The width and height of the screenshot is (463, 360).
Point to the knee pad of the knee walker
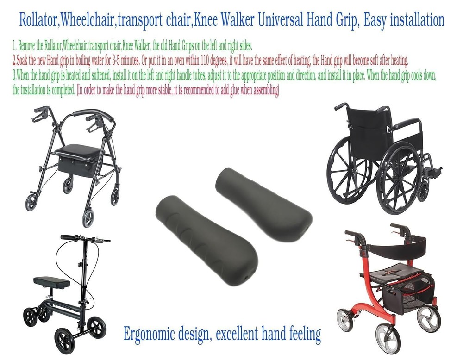pos(51,282)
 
